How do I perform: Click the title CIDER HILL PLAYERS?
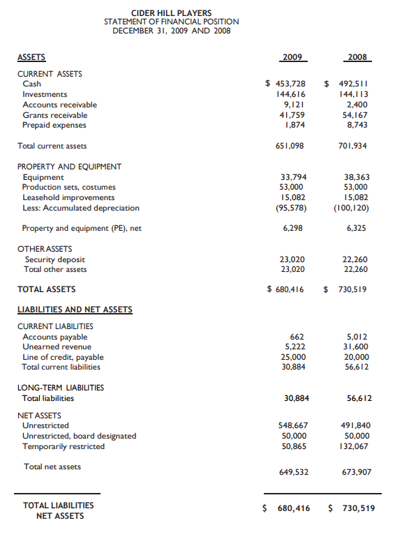point(172,13)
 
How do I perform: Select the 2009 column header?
point(292,56)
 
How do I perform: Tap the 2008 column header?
point(357,56)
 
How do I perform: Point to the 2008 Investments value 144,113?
point(355,94)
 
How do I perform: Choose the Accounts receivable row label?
point(59,105)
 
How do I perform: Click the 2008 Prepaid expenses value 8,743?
point(358,125)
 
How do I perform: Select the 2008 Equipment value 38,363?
point(357,177)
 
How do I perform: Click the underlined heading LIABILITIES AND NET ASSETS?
point(74,310)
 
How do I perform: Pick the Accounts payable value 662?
point(297,336)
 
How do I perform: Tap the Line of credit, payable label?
point(63,357)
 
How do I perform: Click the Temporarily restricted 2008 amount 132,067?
point(355,446)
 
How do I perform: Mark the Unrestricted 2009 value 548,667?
point(292,425)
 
